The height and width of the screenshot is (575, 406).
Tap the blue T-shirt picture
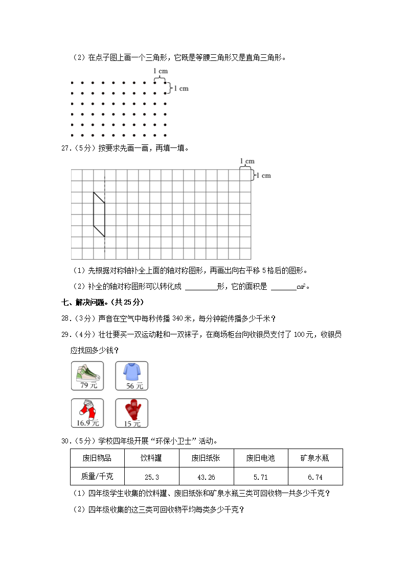coord(131,372)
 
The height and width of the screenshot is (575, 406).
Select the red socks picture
coord(87,410)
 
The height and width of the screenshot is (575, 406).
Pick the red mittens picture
coord(131,410)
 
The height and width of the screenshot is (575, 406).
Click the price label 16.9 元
coord(87,423)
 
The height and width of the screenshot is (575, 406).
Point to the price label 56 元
coord(131,386)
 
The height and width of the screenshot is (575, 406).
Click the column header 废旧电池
coord(261,458)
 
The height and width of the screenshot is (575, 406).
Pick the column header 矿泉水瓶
coord(315,458)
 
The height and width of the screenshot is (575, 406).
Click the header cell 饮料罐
coord(152,458)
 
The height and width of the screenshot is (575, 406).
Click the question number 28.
coord(65,318)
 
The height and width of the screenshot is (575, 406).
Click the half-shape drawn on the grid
coord(99,215)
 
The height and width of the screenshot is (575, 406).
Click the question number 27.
coord(65,148)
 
